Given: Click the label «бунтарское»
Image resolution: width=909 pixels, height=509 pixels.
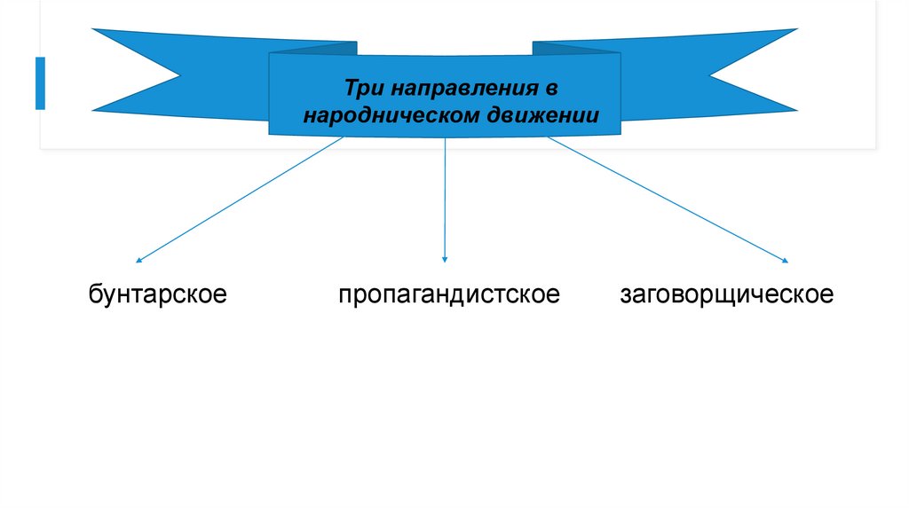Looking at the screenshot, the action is point(157,294).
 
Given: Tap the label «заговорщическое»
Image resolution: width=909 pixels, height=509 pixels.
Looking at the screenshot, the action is point(727,294).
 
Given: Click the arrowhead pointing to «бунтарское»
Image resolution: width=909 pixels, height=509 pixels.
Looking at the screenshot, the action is point(138,261).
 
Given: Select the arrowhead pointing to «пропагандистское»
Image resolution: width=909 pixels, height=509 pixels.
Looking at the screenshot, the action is point(445,259).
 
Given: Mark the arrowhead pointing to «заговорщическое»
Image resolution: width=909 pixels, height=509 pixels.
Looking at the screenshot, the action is point(786,261).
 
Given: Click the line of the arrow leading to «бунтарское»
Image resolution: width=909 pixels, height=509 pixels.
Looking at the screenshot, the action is point(240,200).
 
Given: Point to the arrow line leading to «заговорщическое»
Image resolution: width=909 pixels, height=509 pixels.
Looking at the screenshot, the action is point(666,199).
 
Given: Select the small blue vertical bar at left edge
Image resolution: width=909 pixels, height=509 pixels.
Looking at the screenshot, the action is point(40,83).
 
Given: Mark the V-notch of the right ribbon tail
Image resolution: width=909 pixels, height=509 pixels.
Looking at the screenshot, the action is point(710,74).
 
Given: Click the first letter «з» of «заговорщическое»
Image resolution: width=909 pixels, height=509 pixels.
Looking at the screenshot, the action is point(627,295).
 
